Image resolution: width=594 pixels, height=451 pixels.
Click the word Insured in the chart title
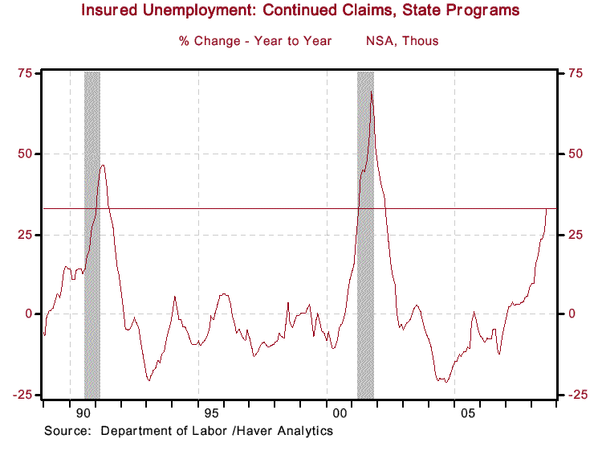coord(112,11)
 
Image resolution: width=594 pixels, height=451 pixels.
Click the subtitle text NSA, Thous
coord(402,40)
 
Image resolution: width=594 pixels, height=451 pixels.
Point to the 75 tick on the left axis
coord(25,73)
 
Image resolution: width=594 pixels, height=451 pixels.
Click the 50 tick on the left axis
coord(25,154)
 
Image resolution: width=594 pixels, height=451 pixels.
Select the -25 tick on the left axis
coord(22,395)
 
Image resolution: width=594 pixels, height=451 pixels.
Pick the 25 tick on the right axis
coord(576,234)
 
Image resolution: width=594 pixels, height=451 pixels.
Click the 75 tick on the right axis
coord(576,73)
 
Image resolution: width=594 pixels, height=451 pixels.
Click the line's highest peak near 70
coord(371,92)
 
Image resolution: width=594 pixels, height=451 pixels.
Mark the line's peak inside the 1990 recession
coord(103,165)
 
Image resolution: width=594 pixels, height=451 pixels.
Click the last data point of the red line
coord(547,209)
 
